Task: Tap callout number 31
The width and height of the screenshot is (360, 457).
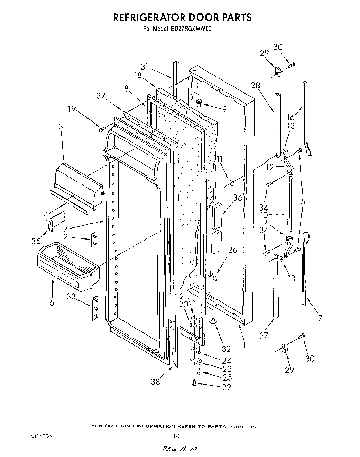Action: pos(145,67)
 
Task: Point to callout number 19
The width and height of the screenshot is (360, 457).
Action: pos(71,109)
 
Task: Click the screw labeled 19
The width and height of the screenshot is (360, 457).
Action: pos(102,129)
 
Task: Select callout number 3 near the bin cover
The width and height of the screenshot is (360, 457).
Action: pos(61,127)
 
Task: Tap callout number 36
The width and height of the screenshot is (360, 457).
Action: pos(237,198)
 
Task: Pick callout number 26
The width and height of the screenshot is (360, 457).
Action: pos(232,250)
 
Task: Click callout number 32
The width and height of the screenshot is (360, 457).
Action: pos(226,349)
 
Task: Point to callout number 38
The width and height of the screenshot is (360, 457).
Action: pos(155,381)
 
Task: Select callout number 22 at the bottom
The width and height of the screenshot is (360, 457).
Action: pos(226,387)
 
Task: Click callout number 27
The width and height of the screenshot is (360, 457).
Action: pos(264,335)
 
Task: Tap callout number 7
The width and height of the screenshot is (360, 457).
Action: pos(320,318)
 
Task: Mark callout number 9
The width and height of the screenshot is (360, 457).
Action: pos(224,109)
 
